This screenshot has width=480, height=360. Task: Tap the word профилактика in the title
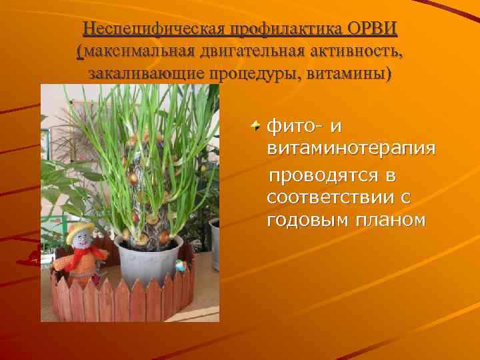pyautogui.click(x=281, y=30)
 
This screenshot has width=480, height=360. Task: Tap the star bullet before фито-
pyautogui.click(x=257, y=125)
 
